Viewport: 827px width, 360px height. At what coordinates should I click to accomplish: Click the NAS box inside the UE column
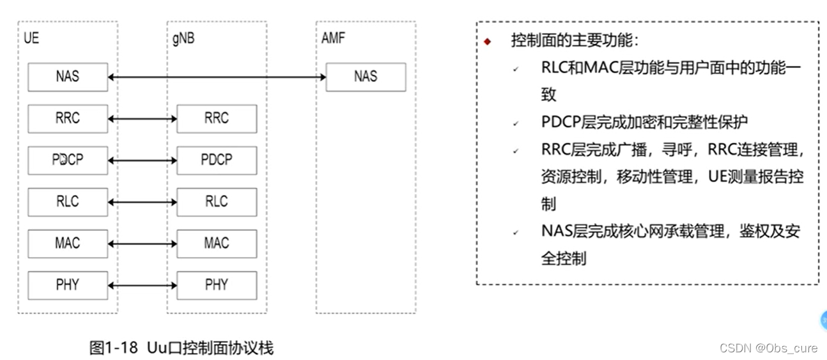[67, 77]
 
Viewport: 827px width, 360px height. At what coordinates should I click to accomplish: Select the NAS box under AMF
[366, 77]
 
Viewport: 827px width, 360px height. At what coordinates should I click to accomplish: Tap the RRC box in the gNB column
[217, 118]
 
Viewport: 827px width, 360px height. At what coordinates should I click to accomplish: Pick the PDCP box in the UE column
[67, 160]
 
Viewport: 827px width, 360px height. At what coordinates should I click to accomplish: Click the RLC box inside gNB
[217, 201]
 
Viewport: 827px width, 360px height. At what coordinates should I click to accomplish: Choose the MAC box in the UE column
[67, 243]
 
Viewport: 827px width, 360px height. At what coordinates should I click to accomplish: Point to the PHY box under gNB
[217, 285]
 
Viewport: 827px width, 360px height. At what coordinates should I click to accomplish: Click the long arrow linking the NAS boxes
[217, 77]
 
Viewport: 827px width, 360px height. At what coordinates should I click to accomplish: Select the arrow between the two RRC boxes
[143, 119]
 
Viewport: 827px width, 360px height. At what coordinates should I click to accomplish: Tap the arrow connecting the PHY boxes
[143, 285]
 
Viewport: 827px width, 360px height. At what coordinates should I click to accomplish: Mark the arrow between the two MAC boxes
[143, 244]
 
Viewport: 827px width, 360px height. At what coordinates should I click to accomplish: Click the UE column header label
[31, 38]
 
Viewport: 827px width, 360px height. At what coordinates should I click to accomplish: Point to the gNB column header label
[183, 38]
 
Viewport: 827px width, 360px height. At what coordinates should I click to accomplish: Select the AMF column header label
[333, 38]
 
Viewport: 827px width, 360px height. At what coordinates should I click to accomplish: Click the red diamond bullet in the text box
[488, 42]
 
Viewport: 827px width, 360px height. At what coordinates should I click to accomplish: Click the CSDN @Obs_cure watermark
[768, 348]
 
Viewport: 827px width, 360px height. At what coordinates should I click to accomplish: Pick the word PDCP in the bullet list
[561, 122]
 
